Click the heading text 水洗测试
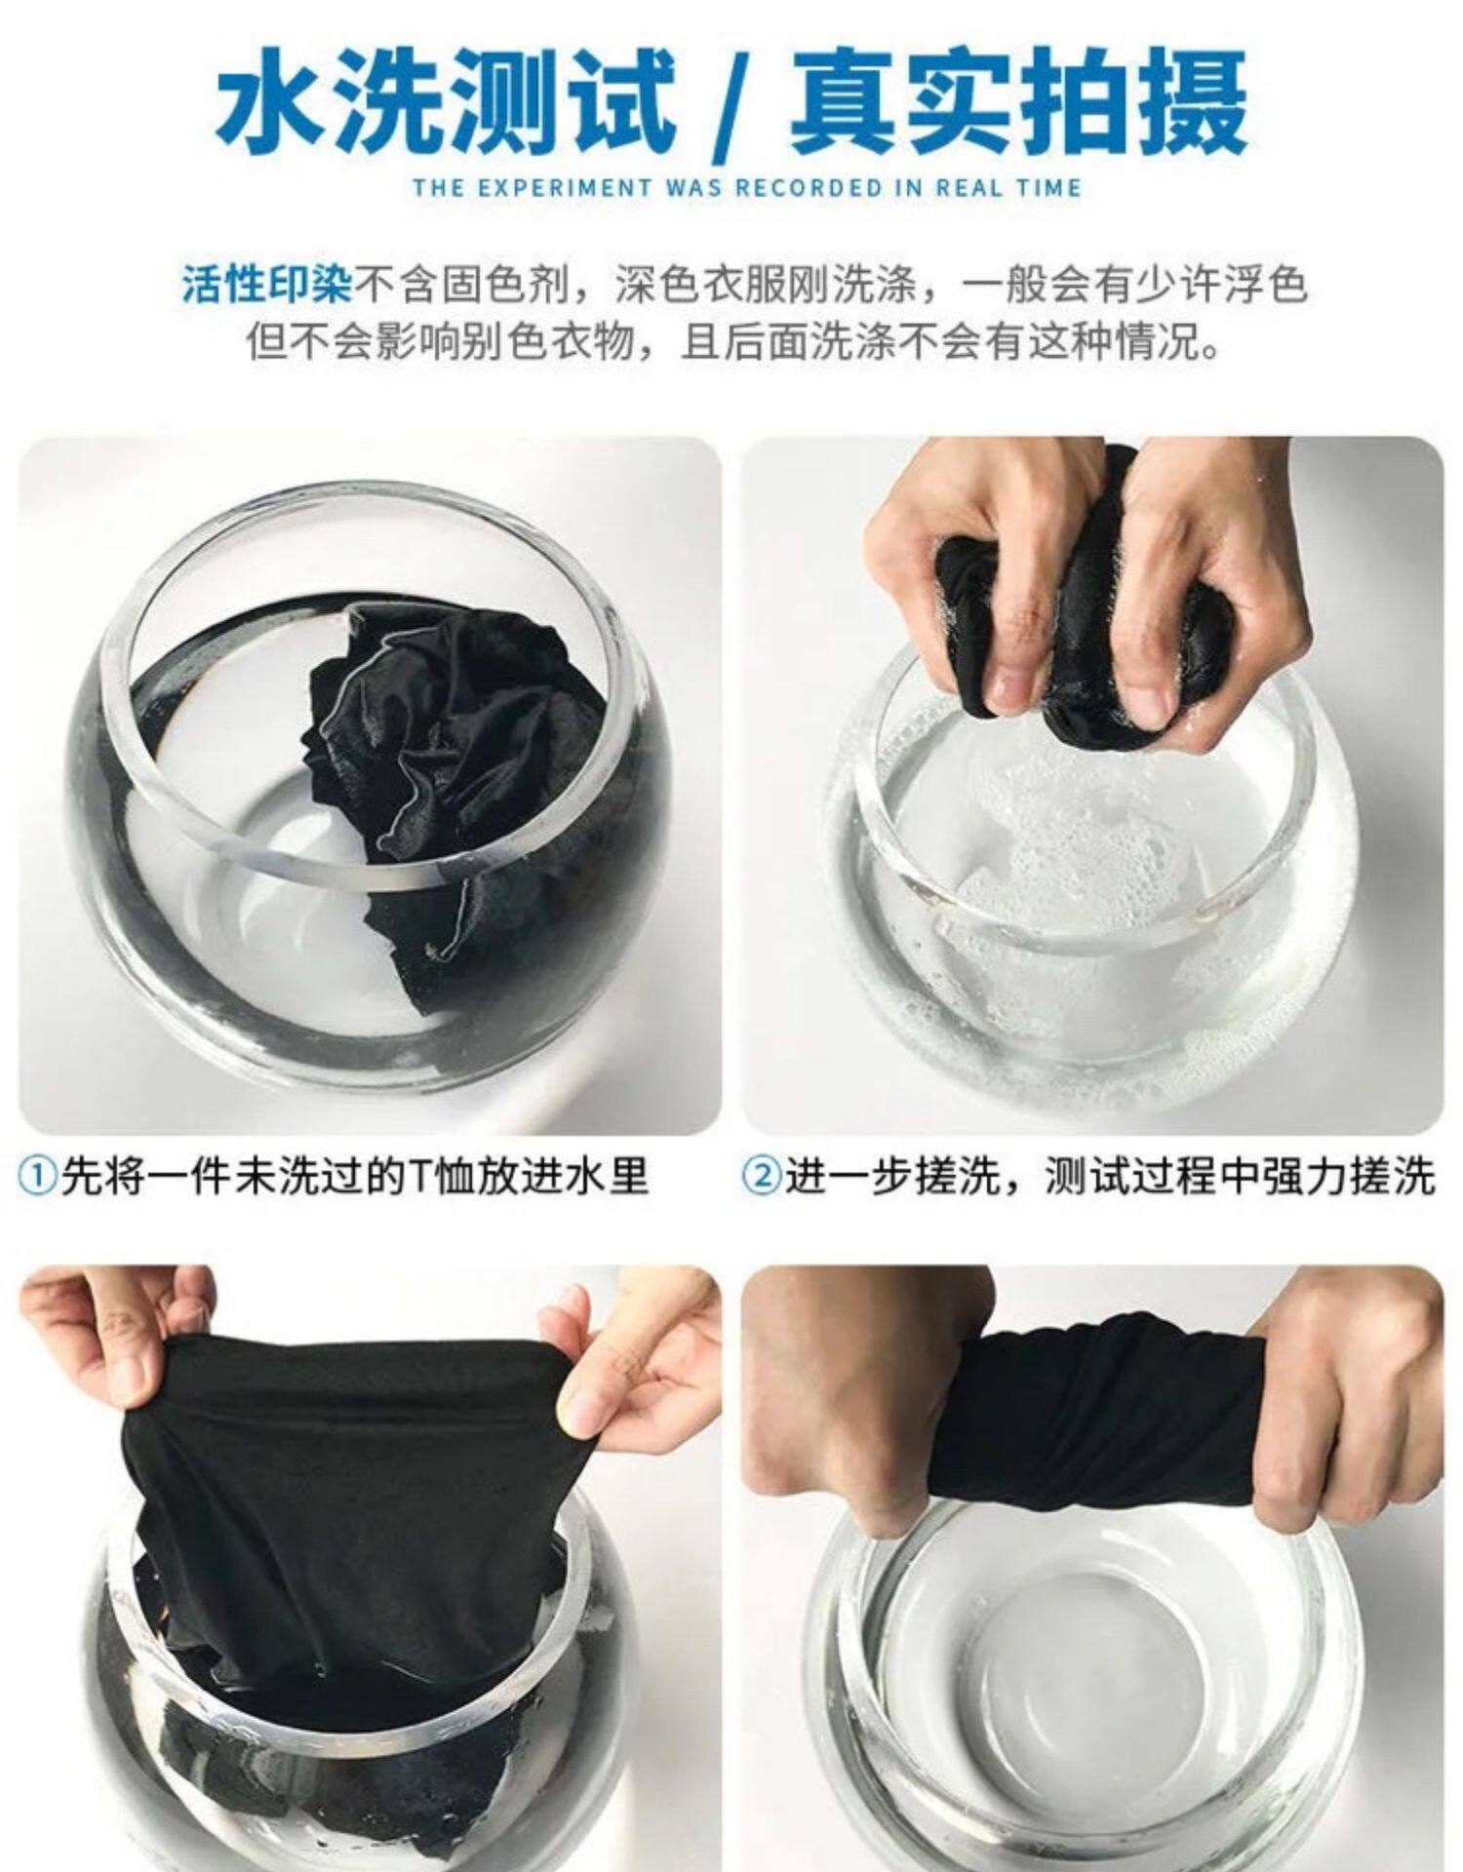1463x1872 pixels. click(x=447, y=104)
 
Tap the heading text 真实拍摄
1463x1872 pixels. click(x=1018, y=104)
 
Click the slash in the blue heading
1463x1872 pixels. click(x=732, y=107)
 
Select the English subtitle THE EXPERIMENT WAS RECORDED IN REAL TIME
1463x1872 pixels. click(x=747, y=187)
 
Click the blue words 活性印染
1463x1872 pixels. click(x=265, y=285)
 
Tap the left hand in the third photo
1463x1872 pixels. click(x=107, y=1350)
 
